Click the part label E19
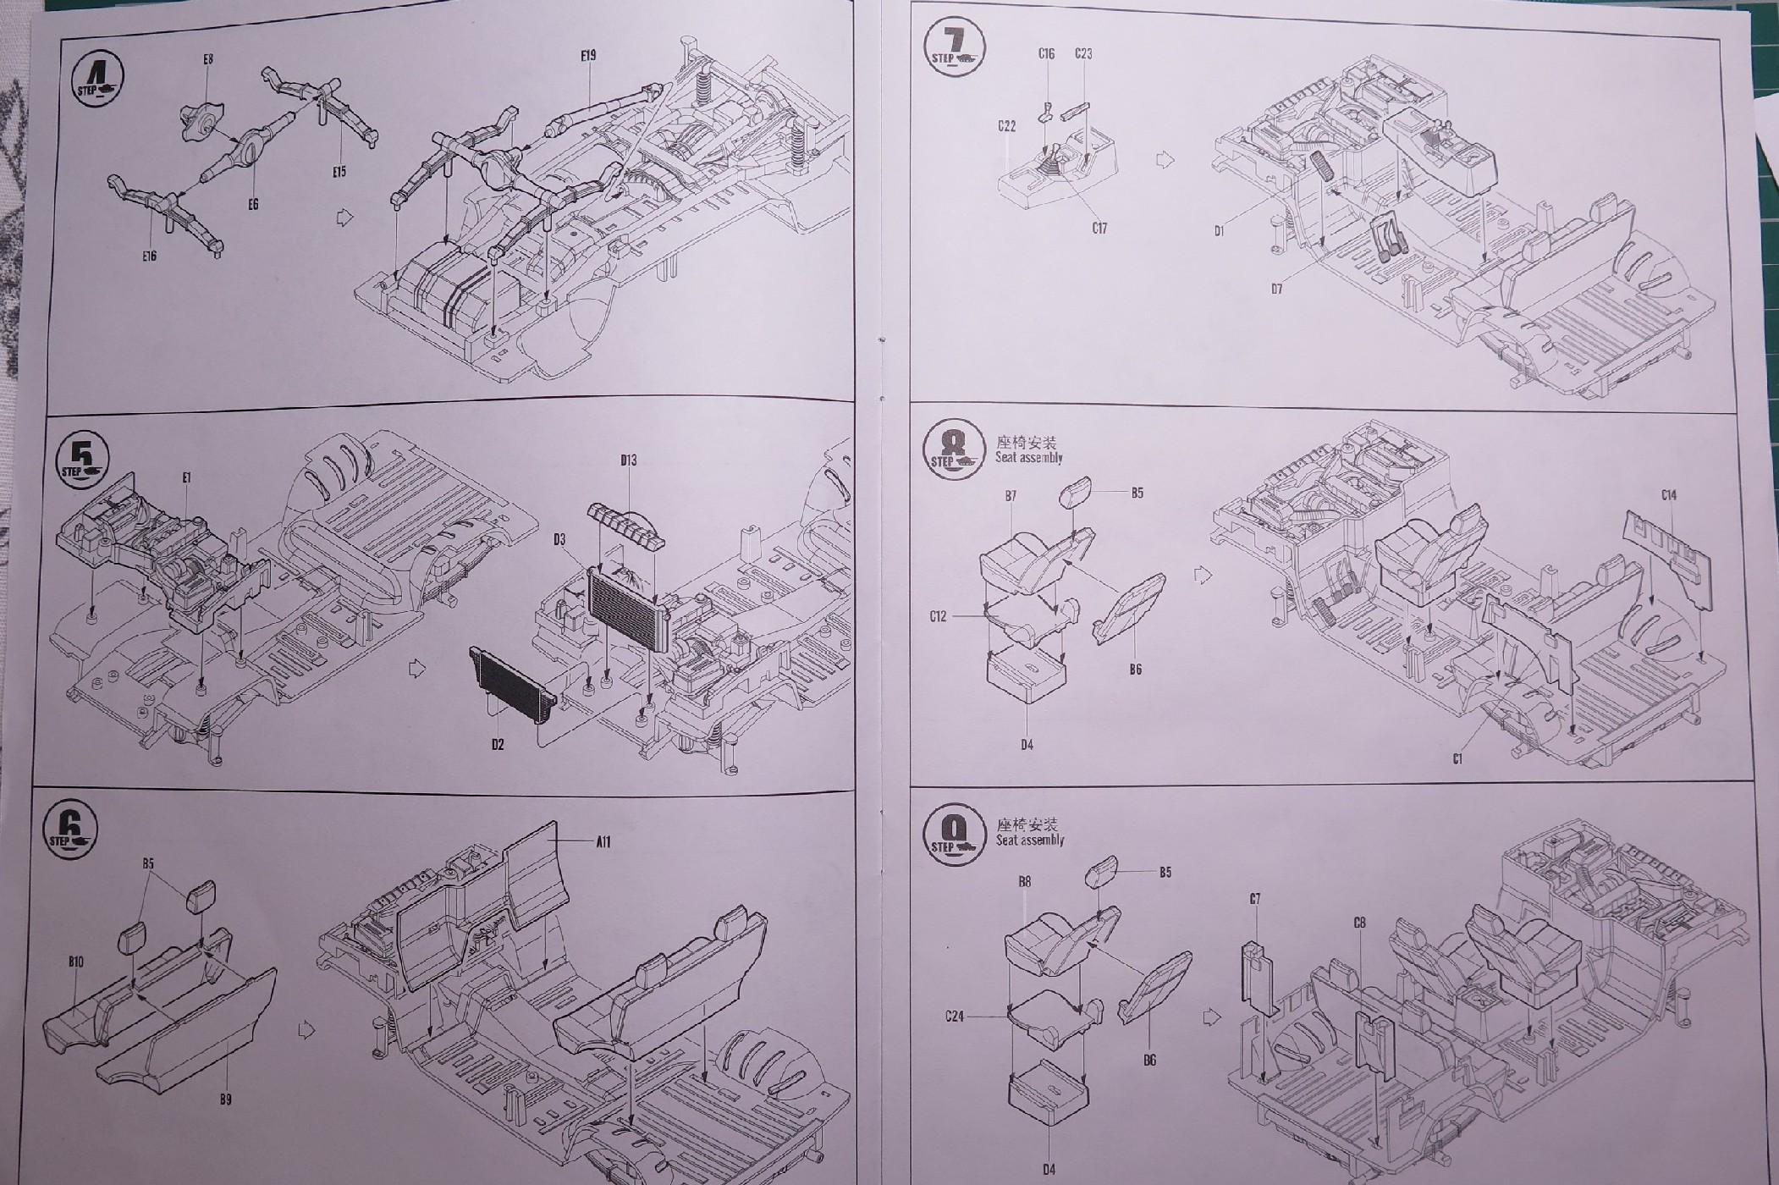[x=589, y=55]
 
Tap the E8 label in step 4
[x=208, y=59]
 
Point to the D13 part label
[x=628, y=460]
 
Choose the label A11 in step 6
[x=603, y=841]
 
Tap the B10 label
[x=76, y=962]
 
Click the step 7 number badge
[x=955, y=45]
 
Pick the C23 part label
[x=1083, y=53]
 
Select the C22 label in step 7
[x=1006, y=126]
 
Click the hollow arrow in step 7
[x=1165, y=160]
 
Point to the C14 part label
[x=1668, y=495]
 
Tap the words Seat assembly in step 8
[x=1029, y=458]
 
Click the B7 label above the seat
[x=1011, y=496]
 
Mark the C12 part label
[x=938, y=616]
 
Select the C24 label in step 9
[x=956, y=1016]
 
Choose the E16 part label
[x=150, y=256]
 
